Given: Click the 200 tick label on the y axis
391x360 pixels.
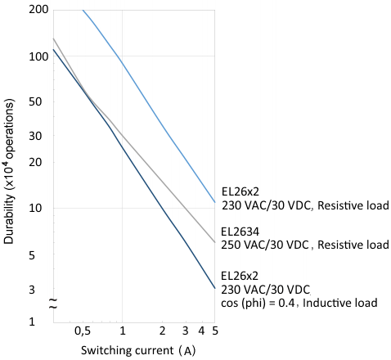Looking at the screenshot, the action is [38, 9].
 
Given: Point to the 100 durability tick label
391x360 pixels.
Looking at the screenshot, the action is [38, 56].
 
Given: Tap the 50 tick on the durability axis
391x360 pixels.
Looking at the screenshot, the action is [35, 101].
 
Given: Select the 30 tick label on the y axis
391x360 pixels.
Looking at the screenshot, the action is [35, 136].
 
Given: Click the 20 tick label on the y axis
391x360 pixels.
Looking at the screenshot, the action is [35, 162].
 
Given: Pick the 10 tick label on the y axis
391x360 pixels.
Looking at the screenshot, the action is [35, 209].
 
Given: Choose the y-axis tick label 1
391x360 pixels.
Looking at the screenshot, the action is [32, 322].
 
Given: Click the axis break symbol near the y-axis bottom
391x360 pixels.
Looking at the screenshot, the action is [53, 304].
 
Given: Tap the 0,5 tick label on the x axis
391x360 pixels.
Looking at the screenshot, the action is [83, 331].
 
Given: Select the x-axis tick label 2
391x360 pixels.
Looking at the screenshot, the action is [162, 331].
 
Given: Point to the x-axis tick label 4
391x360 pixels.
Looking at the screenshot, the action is [201, 331].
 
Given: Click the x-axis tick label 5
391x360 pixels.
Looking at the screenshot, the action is [215, 331].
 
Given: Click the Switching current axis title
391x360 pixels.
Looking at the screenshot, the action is [138, 350].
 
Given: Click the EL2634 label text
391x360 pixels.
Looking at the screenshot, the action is [240, 232].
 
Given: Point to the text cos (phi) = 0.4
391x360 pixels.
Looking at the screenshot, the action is [258, 303].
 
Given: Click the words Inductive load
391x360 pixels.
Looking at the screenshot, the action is [340, 303].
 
